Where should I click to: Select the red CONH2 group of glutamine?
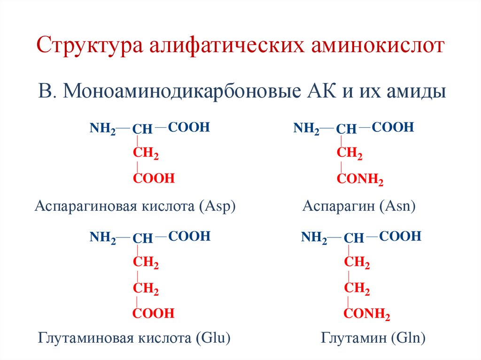[x=367, y=314]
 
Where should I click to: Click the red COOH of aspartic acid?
[x=154, y=178]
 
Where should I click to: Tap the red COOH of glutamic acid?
[x=154, y=313]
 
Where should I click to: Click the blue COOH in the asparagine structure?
[x=393, y=127]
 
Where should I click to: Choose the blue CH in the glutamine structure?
[x=354, y=238]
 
